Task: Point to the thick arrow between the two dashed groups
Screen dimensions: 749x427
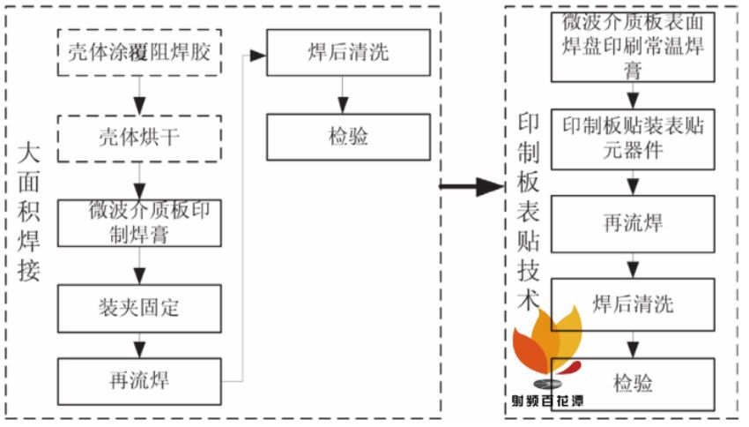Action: [472, 186]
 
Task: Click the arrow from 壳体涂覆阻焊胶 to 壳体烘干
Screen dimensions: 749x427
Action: [139, 95]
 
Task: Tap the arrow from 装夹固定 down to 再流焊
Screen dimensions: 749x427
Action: [139, 345]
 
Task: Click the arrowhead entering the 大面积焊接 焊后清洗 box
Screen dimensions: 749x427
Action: [258, 56]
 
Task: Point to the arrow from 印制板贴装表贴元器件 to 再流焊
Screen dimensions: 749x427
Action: [633, 183]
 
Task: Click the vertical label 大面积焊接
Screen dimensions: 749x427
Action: [29, 212]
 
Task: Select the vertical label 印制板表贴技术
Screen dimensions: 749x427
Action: [529, 212]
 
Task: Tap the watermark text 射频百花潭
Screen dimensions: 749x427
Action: [547, 401]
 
